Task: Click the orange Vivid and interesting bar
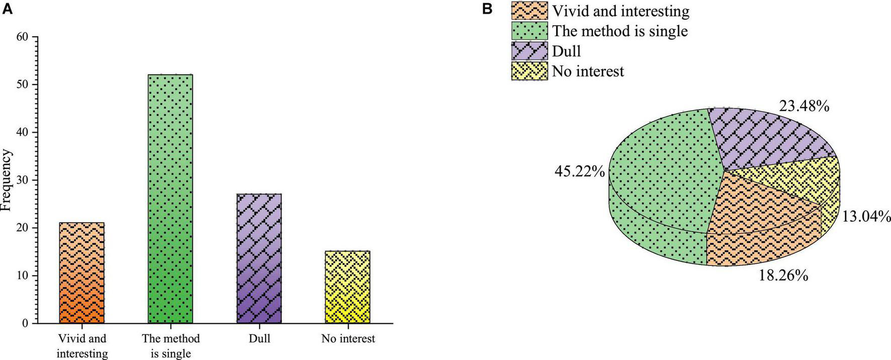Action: click(x=81, y=273)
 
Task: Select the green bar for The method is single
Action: click(x=170, y=199)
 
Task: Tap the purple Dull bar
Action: click(x=259, y=258)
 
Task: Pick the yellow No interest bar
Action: click(x=348, y=287)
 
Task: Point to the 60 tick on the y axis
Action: click(x=24, y=37)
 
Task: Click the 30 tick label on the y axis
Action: click(x=24, y=181)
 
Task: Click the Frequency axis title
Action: click(x=6, y=180)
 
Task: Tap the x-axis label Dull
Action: click(x=259, y=338)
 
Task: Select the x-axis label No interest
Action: click(x=348, y=338)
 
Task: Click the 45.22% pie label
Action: click(x=579, y=172)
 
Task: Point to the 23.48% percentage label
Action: click(x=804, y=106)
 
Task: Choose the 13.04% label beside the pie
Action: click(x=866, y=217)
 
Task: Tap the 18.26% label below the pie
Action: click(x=783, y=276)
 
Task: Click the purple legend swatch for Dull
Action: click(x=529, y=51)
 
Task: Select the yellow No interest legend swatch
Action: click(x=529, y=71)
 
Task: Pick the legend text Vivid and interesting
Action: click(x=620, y=11)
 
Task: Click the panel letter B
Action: click(x=487, y=9)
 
